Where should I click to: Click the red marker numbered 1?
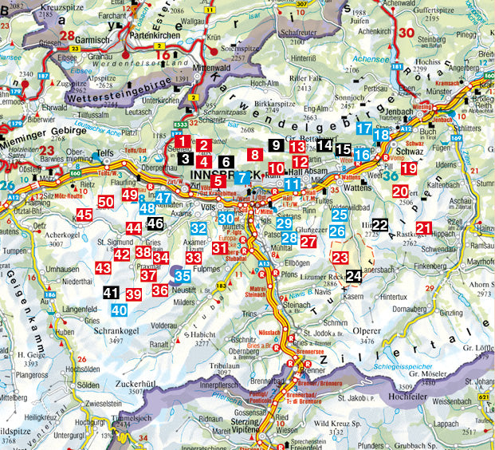coord(183,142)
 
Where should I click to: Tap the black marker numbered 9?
coord(276,145)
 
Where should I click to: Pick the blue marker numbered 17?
coord(363,128)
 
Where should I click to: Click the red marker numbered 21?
coord(424,229)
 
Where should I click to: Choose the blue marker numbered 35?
coord(183,275)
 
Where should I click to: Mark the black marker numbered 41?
coord(111,293)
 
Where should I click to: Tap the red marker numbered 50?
coord(105,203)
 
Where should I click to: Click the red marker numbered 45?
coord(84,215)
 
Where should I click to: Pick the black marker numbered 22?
coord(380,225)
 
